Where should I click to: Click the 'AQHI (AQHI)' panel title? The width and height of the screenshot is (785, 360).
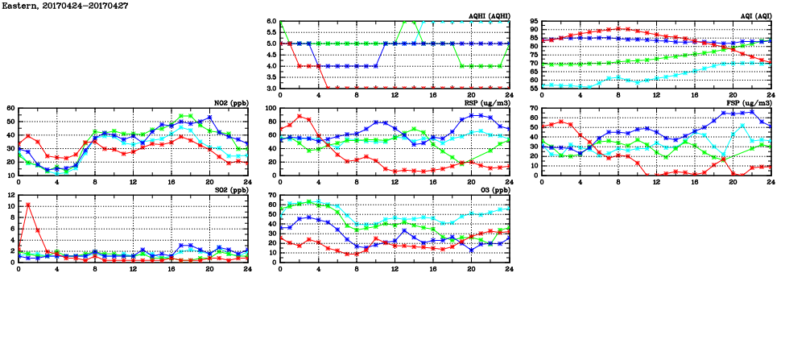(x=490, y=15)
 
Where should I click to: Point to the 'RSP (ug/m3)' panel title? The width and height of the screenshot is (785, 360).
(x=490, y=103)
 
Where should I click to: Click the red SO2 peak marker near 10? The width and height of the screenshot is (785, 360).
(x=28, y=205)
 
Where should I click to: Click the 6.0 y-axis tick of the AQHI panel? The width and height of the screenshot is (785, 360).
(x=271, y=22)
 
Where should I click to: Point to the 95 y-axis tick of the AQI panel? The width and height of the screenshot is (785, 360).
(x=533, y=22)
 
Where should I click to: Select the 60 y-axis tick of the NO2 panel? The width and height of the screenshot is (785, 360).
(x=10, y=109)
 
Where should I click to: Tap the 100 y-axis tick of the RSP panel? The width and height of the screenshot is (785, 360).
(x=270, y=109)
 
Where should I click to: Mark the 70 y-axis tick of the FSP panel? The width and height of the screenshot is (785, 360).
(x=533, y=109)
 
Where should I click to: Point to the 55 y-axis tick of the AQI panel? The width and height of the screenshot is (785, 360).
(x=533, y=88)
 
